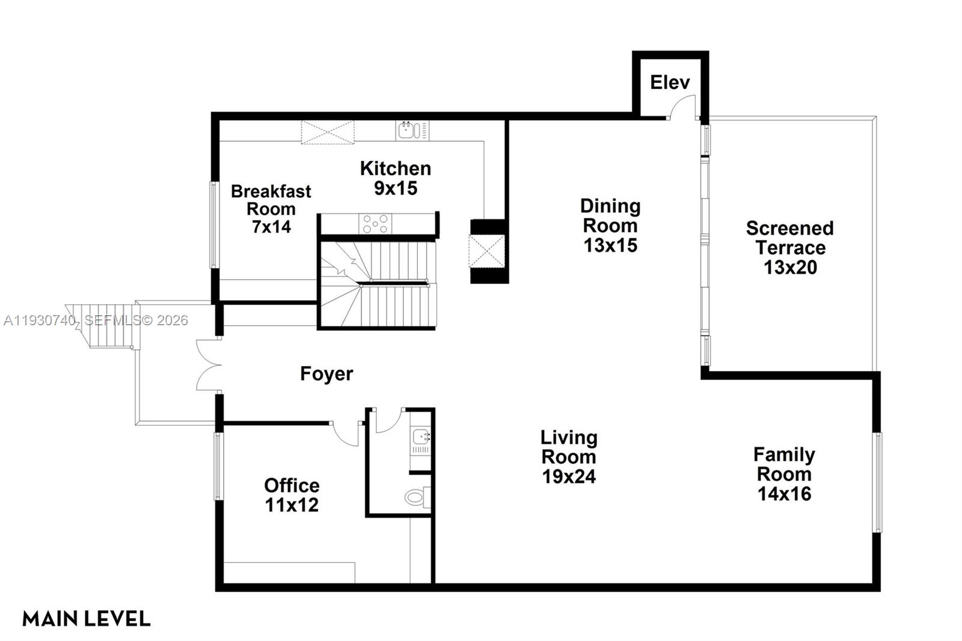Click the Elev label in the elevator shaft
pyautogui.click(x=670, y=82)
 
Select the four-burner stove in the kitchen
pyautogui.click(x=375, y=224)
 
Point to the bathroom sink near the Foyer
pyautogui.click(x=420, y=438)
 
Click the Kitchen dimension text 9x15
pyautogui.click(x=396, y=188)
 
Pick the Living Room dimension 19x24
pyautogui.click(x=569, y=476)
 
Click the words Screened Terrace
pyautogui.click(x=789, y=238)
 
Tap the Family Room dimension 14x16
pyautogui.click(x=784, y=494)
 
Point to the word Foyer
pyautogui.click(x=326, y=373)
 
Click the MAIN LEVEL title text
pyautogui.click(x=86, y=618)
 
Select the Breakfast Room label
pyautogui.click(x=271, y=200)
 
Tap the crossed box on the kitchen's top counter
pyautogui.click(x=328, y=132)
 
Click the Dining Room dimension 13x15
pyautogui.click(x=610, y=245)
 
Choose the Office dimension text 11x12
pyautogui.click(x=292, y=505)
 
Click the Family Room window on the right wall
pyautogui.click(x=878, y=482)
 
